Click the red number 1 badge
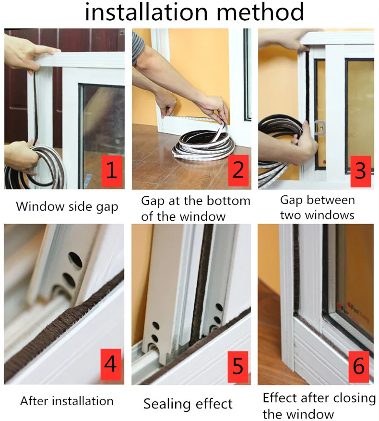[x=112, y=171]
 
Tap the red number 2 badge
[x=238, y=170]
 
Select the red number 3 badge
[x=360, y=171]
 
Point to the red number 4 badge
[x=111, y=364]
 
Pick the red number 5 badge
[x=238, y=366]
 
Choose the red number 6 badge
[x=359, y=366]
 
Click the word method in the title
[x=260, y=12]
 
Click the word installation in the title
[x=146, y=12]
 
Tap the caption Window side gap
[x=67, y=207]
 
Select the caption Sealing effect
[x=188, y=404]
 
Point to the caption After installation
[x=67, y=401]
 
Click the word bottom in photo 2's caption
[x=228, y=201]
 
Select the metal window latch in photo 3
[x=320, y=128]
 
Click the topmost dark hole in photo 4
[x=75, y=260]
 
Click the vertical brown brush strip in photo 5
[x=201, y=285]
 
